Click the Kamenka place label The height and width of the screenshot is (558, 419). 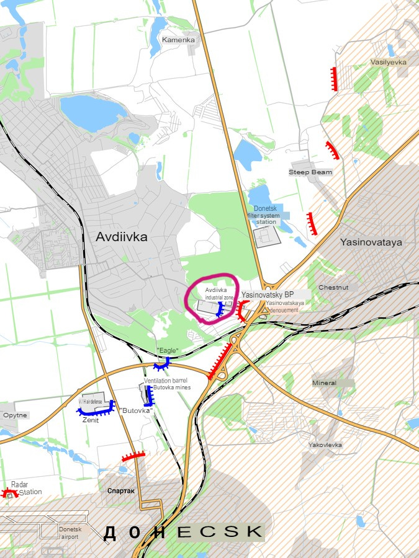point(178,40)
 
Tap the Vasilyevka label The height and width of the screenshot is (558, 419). point(387,63)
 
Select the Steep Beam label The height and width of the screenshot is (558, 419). point(310,172)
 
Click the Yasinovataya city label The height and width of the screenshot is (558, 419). point(371,242)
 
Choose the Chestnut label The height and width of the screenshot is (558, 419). point(333,288)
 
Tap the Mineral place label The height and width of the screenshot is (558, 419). point(325,383)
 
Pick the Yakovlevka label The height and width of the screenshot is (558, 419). point(325,445)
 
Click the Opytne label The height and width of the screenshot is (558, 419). point(15,415)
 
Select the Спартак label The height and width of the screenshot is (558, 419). point(120,490)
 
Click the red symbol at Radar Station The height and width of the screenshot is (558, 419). point(9,494)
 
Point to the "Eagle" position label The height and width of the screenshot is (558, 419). point(168,351)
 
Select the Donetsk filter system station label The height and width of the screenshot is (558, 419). point(269,215)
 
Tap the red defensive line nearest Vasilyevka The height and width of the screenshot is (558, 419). point(334,79)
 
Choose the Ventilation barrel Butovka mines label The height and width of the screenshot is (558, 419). point(168,384)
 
